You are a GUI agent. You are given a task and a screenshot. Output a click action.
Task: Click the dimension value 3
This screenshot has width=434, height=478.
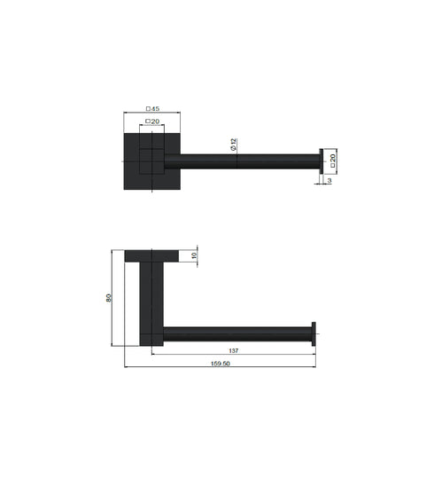pyautogui.click(x=328, y=181)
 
